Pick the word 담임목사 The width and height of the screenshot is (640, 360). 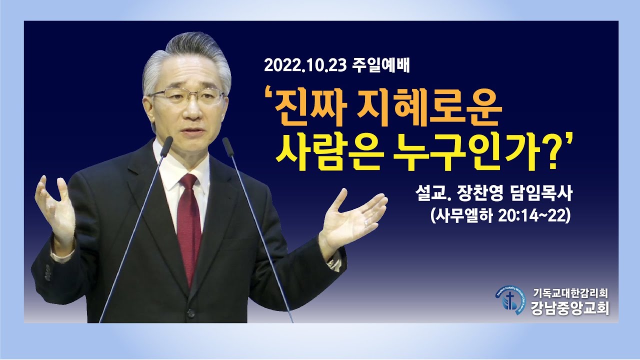[543, 194]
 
